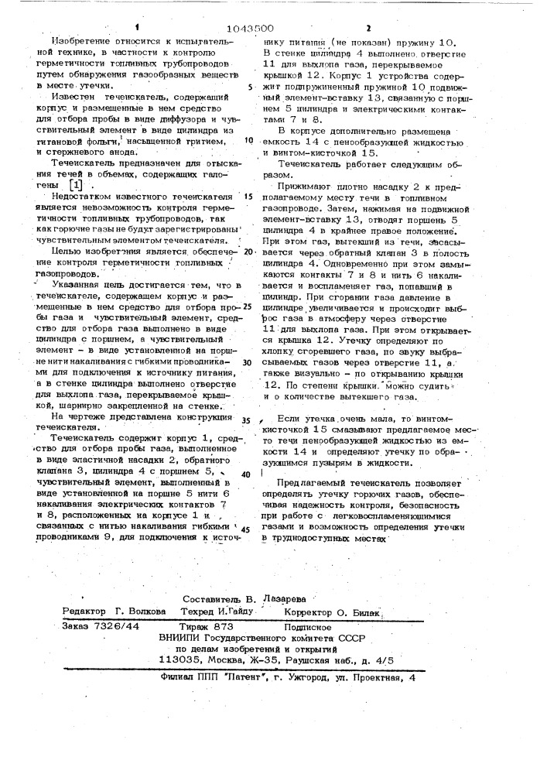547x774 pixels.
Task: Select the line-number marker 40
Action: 246,474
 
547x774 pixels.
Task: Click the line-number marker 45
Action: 247,529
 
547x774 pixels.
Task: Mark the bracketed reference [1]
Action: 75,186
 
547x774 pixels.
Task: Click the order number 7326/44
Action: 113,626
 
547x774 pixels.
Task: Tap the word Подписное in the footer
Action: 307,626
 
